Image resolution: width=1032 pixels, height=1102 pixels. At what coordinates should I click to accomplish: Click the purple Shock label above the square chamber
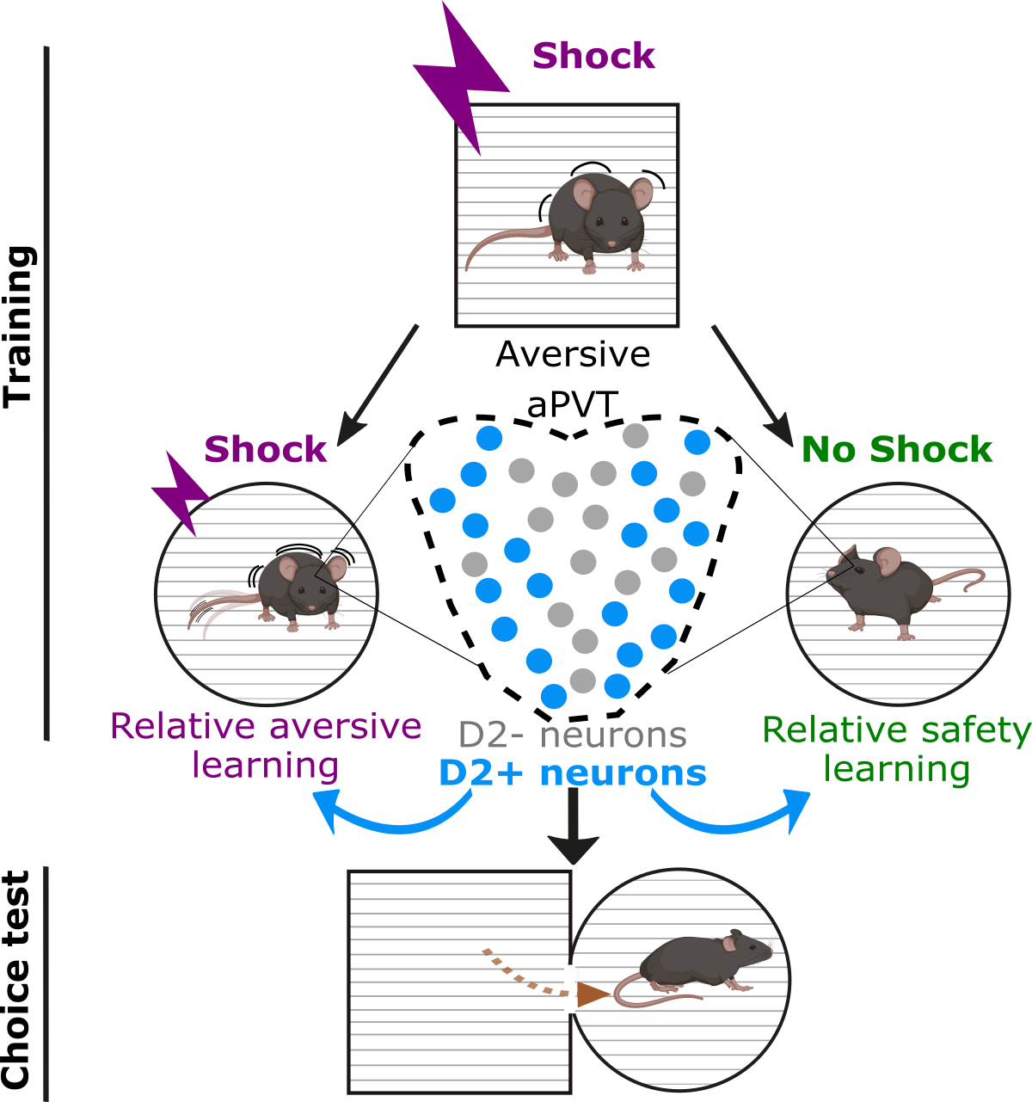(593, 56)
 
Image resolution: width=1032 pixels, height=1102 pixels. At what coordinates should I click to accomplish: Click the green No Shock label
(896, 449)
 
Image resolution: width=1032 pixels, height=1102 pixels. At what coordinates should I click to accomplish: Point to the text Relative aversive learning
(266, 745)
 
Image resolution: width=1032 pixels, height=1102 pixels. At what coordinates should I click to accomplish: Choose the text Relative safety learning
(896, 748)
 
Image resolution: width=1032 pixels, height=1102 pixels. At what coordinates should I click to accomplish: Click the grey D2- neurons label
(572, 735)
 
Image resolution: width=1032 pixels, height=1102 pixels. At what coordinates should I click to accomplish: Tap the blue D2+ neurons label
(572, 773)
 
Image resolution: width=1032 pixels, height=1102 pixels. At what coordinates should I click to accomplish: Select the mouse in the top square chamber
(593, 222)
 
